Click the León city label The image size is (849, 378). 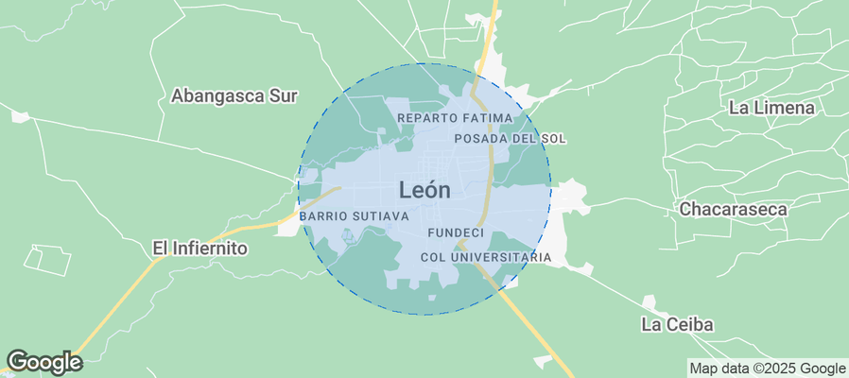point(424,190)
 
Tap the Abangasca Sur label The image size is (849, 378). point(234,95)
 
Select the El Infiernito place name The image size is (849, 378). point(199,249)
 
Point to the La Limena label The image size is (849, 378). point(771,108)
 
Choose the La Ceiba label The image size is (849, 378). point(677,325)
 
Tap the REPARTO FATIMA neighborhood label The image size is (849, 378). point(455,118)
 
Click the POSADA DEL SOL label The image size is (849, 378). point(510,138)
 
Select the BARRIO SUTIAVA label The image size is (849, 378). point(354,216)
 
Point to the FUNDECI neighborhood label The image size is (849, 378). point(456,232)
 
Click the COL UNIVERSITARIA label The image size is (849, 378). point(486,257)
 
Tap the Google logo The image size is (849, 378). point(44,362)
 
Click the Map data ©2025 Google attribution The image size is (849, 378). point(767,369)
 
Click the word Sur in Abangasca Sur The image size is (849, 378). point(283,95)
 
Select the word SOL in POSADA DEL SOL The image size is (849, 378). point(553,138)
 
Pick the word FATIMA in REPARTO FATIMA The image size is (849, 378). point(487,118)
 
